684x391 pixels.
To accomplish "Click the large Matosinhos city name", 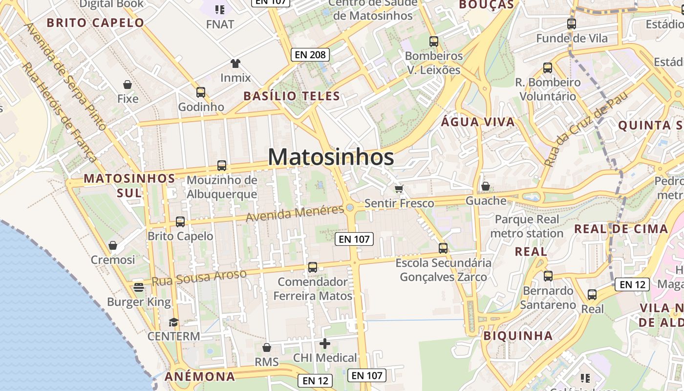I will [x=331, y=157].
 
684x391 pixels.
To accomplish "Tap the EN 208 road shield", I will [x=310, y=55].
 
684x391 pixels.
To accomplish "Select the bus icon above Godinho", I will [x=200, y=92].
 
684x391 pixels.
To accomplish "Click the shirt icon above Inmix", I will [x=235, y=63].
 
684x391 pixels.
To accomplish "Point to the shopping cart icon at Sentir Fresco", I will [x=399, y=189].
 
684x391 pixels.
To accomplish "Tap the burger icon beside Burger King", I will [x=139, y=287].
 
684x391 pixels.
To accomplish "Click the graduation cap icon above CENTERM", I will [x=173, y=322].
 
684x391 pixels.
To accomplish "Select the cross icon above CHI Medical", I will [x=325, y=344].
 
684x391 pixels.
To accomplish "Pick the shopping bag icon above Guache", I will [x=485, y=186].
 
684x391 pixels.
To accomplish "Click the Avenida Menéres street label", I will [x=295, y=213].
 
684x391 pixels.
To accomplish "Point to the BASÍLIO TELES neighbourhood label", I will [x=292, y=96].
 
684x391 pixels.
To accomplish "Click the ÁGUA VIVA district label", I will [x=478, y=122].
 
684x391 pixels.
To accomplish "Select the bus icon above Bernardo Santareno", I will [x=548, y=276].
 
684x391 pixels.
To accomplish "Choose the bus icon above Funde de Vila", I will [x=571, y=23].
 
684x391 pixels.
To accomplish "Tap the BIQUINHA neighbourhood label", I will [x=518, y=336].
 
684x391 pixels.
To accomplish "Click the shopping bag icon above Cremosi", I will [x=113, y=245].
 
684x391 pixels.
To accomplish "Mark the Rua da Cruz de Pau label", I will [x=585, y=129].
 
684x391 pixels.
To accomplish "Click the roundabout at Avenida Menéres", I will [x=350, y=208].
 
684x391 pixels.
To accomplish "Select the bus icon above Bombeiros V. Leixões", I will [x=433, y=42].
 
